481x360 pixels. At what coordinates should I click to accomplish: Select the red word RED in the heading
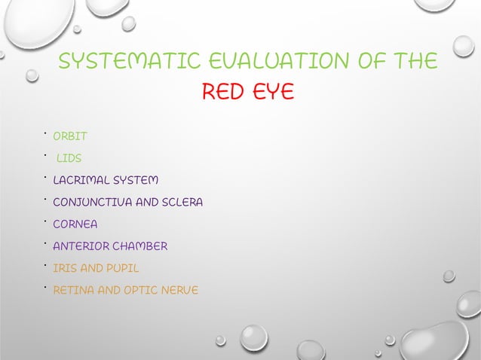(x=223, y=94)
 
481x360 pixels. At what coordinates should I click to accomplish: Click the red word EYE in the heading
(x=272, y=94)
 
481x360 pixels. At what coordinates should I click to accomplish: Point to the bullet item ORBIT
(x=70, y=137)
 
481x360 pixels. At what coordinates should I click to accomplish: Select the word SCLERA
(x=182, y=203)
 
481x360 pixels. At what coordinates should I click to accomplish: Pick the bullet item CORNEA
(x=75, y=224)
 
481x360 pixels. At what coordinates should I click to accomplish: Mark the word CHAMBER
(x=141, y=246)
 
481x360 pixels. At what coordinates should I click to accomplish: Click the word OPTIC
(x=140, y=290)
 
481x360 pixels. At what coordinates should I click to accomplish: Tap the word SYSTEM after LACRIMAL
(x=136, y=181)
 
